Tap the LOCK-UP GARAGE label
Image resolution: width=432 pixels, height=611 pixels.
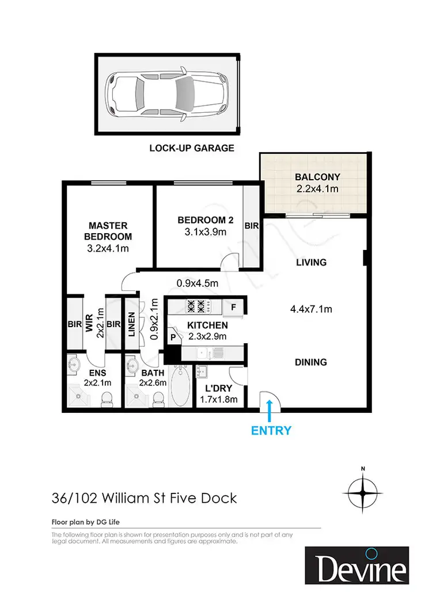pyautogui.click(x=192, y=148)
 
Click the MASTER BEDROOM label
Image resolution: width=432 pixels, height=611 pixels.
pyautogui.click(x=108, y=231)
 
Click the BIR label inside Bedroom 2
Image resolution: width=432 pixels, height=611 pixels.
pyautogui.click(x=251, y=226)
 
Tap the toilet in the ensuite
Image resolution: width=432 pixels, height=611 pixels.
pyautogui.click(x=107, y=398)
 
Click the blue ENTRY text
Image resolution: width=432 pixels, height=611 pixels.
pyautogui.click(x=271, y=430)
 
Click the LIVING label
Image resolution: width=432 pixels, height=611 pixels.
pyautogui.click(x=310, y=263)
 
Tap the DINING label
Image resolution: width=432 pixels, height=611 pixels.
pyautogui.click(x=310, y=362)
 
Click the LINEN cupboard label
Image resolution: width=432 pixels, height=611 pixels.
pyautogui.click(x=131, y=324)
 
